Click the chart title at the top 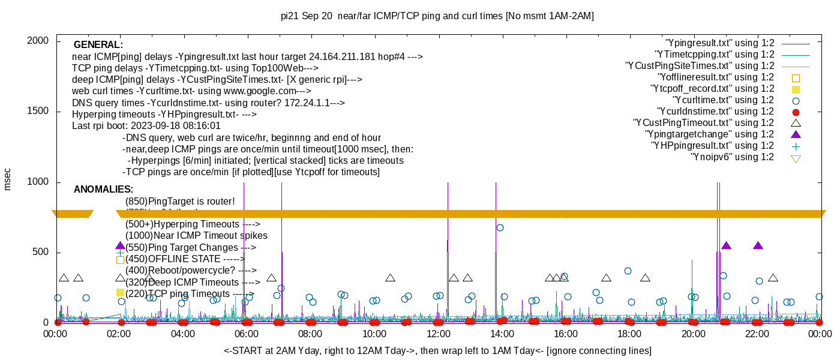[437, 16]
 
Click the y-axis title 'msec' [7, 178]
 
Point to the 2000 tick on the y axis [40, 41]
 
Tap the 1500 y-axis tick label [40, 112]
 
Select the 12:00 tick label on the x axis [437, 334]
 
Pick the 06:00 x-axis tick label [246, 334]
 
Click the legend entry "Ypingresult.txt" [719, 43]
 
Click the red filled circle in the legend [796, 112]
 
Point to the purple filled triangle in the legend [796, 134]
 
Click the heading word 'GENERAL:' [98, 45]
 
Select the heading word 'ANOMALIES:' [104, 190]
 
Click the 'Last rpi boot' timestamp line [146, 126]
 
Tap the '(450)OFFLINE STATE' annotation [184, 259]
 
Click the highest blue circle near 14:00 [500, 227]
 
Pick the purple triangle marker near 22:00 [758, 245]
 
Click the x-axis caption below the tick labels [437, 350]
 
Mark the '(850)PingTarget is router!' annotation [180, 202]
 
